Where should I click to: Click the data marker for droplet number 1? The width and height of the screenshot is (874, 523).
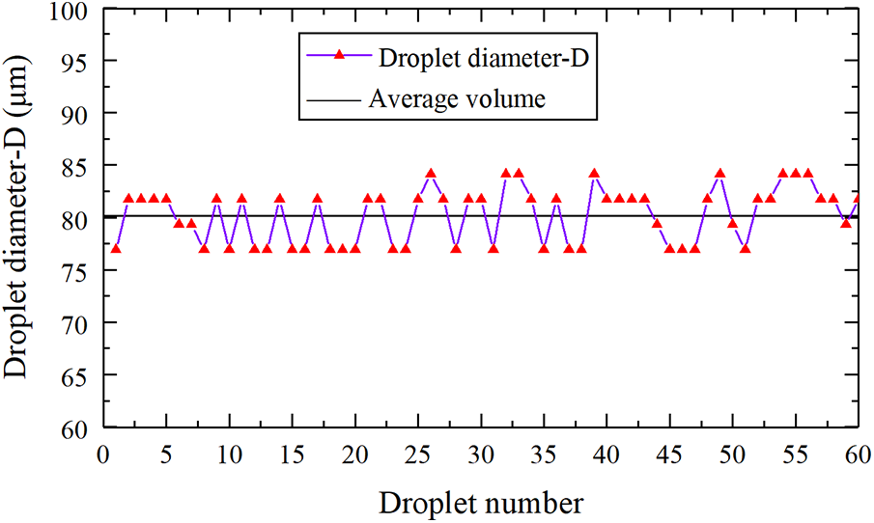pos(116,248)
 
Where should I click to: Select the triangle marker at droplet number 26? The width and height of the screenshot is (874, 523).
pos(431,174)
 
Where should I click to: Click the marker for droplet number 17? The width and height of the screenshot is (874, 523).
pos(317,198)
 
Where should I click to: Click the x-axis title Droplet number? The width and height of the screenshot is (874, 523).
pos(481,502)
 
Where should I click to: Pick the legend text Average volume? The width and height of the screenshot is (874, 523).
pos(457,97)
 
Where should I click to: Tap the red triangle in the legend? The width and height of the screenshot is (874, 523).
pos(339,55)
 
